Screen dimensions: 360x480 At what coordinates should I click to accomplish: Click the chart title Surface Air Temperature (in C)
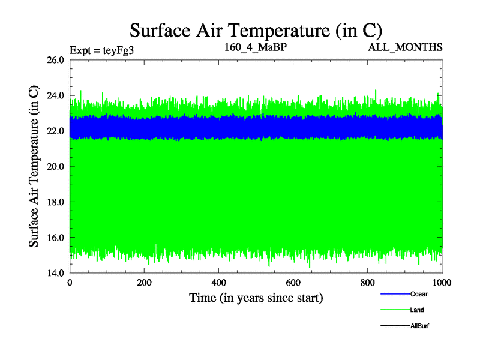tap(256, 30)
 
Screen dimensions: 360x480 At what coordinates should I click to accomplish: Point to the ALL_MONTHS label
tap(405, 46)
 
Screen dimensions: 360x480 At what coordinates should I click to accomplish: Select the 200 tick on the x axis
tap(145, 283)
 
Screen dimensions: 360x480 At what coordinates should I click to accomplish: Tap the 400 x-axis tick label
tap(219, 283)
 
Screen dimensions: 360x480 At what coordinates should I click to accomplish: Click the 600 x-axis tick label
tap(293, 283)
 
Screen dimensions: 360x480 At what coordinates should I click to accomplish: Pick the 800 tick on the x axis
tap(368, 283)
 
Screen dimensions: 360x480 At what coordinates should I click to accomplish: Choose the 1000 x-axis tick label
tap(442, 283)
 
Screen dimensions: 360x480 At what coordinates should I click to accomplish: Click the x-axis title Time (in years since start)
tap(256, 298)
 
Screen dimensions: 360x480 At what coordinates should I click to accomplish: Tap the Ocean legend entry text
tap(419, 294)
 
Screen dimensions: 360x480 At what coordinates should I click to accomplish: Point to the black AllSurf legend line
tap(395, 326)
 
